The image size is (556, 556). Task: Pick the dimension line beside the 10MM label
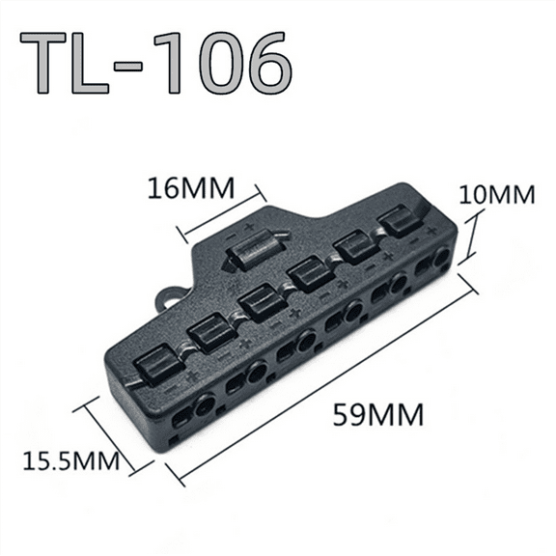click(x=470, y=237)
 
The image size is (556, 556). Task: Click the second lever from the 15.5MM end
click(x=210, y=333)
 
